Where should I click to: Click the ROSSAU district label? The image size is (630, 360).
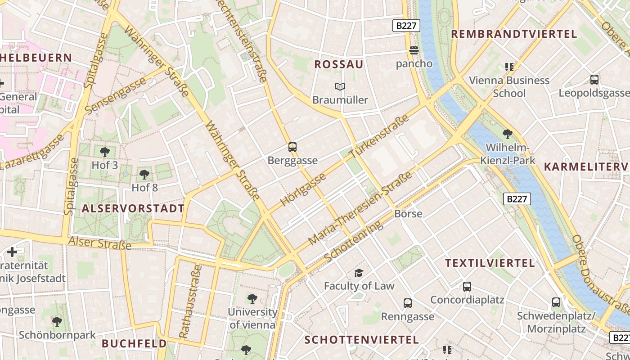pyautogui.click(x=338, y=64)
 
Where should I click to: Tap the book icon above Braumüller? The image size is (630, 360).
pyautogui.click(x=340, y=86)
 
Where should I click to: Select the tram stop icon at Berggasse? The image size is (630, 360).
pyautogui.click(x=292, y=147)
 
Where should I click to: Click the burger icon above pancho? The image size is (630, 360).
pyautogui.click(x=414, y=49)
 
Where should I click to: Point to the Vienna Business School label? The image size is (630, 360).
pyautogui.click(x=509, y=87)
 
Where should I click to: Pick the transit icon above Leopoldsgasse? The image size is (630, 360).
pyautogui.click(x=594, y=80)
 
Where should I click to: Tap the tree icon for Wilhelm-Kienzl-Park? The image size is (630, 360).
pyautogui.click(x=508, y=134)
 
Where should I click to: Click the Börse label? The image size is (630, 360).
pyautogui.click(x=408, y=213)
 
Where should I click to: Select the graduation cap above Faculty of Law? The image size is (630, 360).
pyautogui.click(x=359, y=273)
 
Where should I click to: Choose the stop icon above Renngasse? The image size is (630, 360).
pyautogui.click(x=408, y=303)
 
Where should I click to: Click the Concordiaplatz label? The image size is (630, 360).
pyautogui.click(x=467, y=300)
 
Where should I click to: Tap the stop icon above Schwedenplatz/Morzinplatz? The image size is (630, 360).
pyautogui.click(x=556, y=302)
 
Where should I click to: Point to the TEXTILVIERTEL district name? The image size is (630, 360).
pyautogui.click(x=490, y=263)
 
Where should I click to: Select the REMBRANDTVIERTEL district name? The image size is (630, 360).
pyautogui.click(x=514, y=34)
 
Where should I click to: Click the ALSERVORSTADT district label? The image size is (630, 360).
pyautogui.click(x=133, y=208)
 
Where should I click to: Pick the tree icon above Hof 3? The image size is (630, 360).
pyautogui.click(x=105, y=152)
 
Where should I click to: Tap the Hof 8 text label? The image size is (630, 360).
pyautogui.click(x=144, y=187)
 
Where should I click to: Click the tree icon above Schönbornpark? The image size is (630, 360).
pyautogui.click(x=57, y=322)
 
